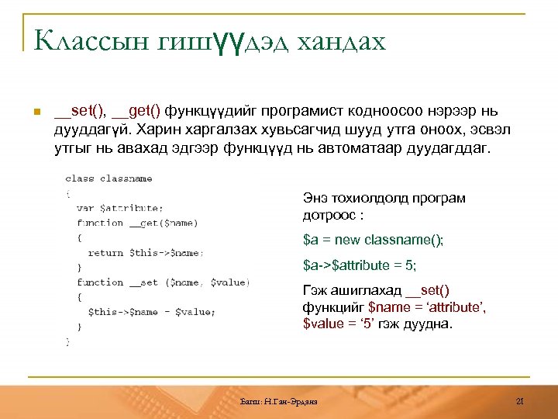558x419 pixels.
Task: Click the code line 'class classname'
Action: (108, 178)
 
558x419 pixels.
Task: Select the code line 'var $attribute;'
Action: (120, 208)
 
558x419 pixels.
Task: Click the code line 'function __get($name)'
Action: (137, 223)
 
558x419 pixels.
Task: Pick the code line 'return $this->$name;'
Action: (146, 252)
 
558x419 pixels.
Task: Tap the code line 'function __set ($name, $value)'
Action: (163, 282)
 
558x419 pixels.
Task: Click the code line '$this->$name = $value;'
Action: (150, 312)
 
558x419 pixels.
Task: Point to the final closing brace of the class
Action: (68, 341)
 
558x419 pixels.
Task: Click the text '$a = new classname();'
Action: (373, 241)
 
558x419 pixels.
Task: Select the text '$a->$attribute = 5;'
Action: (360, 265)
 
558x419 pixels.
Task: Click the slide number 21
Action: (520, 400)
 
